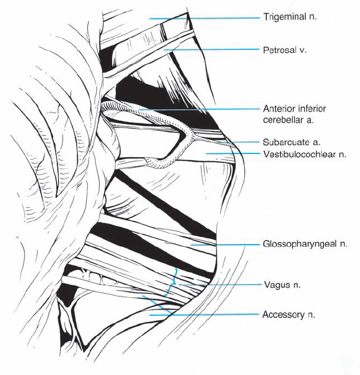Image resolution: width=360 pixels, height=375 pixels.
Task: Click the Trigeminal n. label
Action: pyautogui.click(x=289, y=17)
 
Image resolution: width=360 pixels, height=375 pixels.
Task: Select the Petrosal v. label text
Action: pyautogui.click(x=286, y=50)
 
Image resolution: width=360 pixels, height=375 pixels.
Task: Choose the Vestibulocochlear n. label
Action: pyautogui.click(x=297, y=153)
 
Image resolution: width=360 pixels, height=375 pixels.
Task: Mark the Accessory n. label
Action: pyautogui.click(x=288, y=315)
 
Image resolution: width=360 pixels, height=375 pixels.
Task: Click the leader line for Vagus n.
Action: pyautogui.click(x=224, y=285)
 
